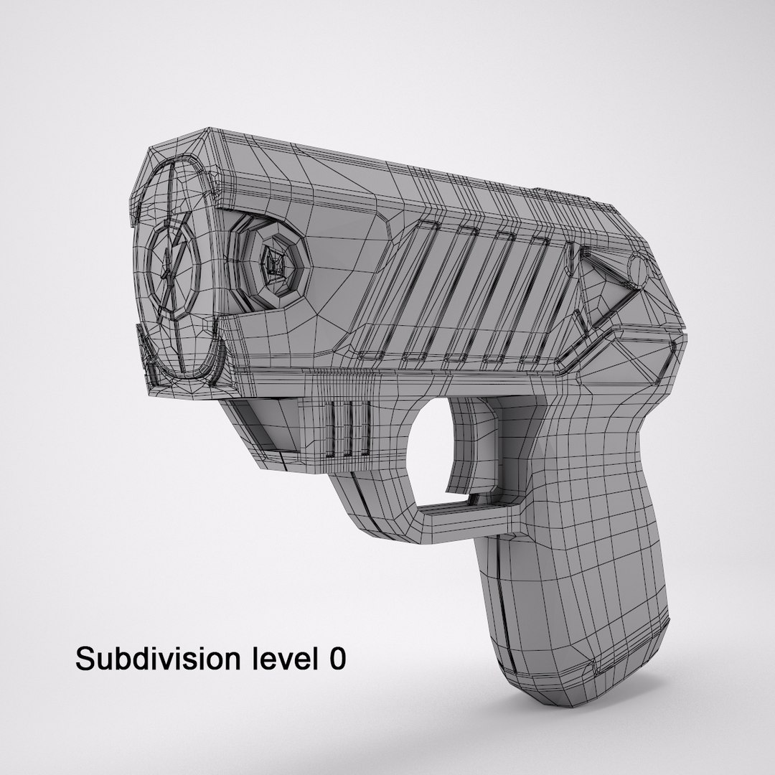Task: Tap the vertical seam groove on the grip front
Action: click(x=502, y=610)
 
